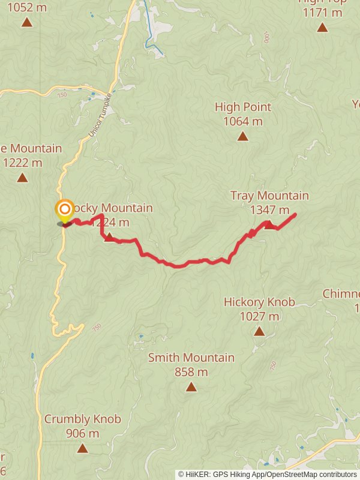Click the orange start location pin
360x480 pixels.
coord(64,211)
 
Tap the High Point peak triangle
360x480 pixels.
coord(242,136)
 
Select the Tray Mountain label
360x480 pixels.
coord(269,196)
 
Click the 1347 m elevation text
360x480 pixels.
coord(269,210)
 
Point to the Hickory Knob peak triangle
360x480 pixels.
coord(259,331)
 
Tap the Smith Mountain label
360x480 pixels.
coord(191,358)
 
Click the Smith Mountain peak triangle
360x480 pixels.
coord(191,387)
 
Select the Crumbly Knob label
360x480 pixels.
coord(82,419)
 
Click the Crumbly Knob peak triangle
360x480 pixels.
coord(82,448)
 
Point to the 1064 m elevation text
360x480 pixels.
coord(242,121)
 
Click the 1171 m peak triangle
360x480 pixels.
coord(322,27)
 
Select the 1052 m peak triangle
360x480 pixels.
coord(26,23)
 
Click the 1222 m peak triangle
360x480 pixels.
coord(22,178)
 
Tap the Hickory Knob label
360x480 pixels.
coord(259,302)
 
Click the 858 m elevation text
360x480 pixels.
coord(191,372)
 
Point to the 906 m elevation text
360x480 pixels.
coord(82,433)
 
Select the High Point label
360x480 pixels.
coord(242,107)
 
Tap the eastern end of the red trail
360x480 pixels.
coord(295,215)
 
